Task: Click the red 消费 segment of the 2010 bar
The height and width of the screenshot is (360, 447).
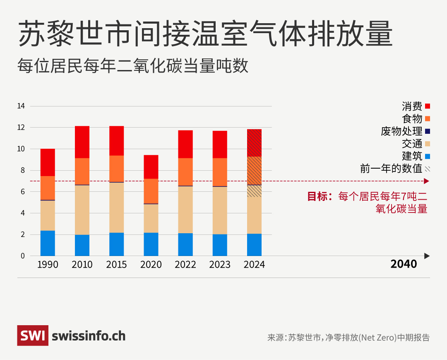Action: tap(82, 142)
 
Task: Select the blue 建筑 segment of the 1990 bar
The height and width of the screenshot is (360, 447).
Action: tap(48, 243)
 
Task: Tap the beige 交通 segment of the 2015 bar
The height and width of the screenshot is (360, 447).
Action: tap(116, 208)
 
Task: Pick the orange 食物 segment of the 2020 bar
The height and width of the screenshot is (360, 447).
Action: tap(151, 191)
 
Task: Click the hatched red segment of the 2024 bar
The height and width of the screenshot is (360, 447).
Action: tap(254, 143)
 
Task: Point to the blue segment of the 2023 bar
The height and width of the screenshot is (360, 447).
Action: tap(220, 245)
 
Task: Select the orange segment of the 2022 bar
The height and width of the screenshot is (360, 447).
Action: tap(185, 172)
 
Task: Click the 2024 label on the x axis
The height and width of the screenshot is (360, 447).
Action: tap(254, 265)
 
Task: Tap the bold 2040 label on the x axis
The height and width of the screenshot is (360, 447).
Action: tap(404, 264)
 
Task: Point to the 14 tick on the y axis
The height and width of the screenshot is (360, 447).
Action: tap(21, 106)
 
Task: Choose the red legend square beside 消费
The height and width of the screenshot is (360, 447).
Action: tap(428, 106)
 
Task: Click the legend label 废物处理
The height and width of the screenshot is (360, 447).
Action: tap(401, 131)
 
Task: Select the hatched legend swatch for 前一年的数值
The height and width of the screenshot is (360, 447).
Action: tap(428, 169)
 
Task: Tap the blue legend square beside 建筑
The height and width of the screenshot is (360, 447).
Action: tap(428, 156)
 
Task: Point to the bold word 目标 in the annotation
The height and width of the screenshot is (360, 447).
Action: tap(317, 196)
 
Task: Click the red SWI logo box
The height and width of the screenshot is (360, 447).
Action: tap(33, 336)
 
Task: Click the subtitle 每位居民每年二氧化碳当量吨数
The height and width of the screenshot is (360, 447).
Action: tap(133, 66)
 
